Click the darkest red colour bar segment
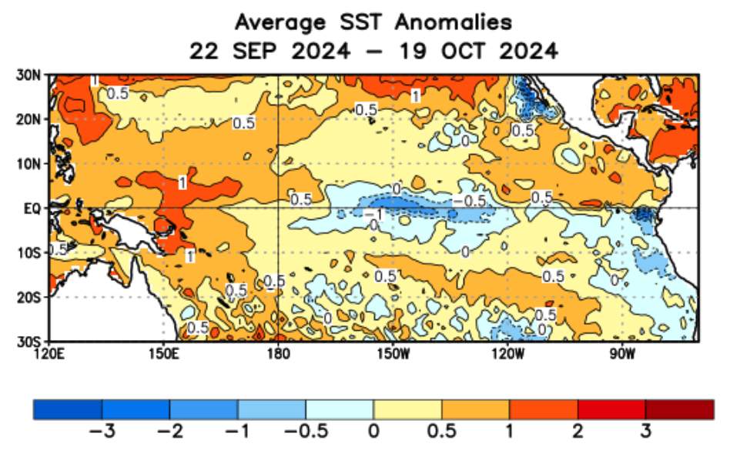tap(679, 409)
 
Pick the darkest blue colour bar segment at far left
tap(68, 409)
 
